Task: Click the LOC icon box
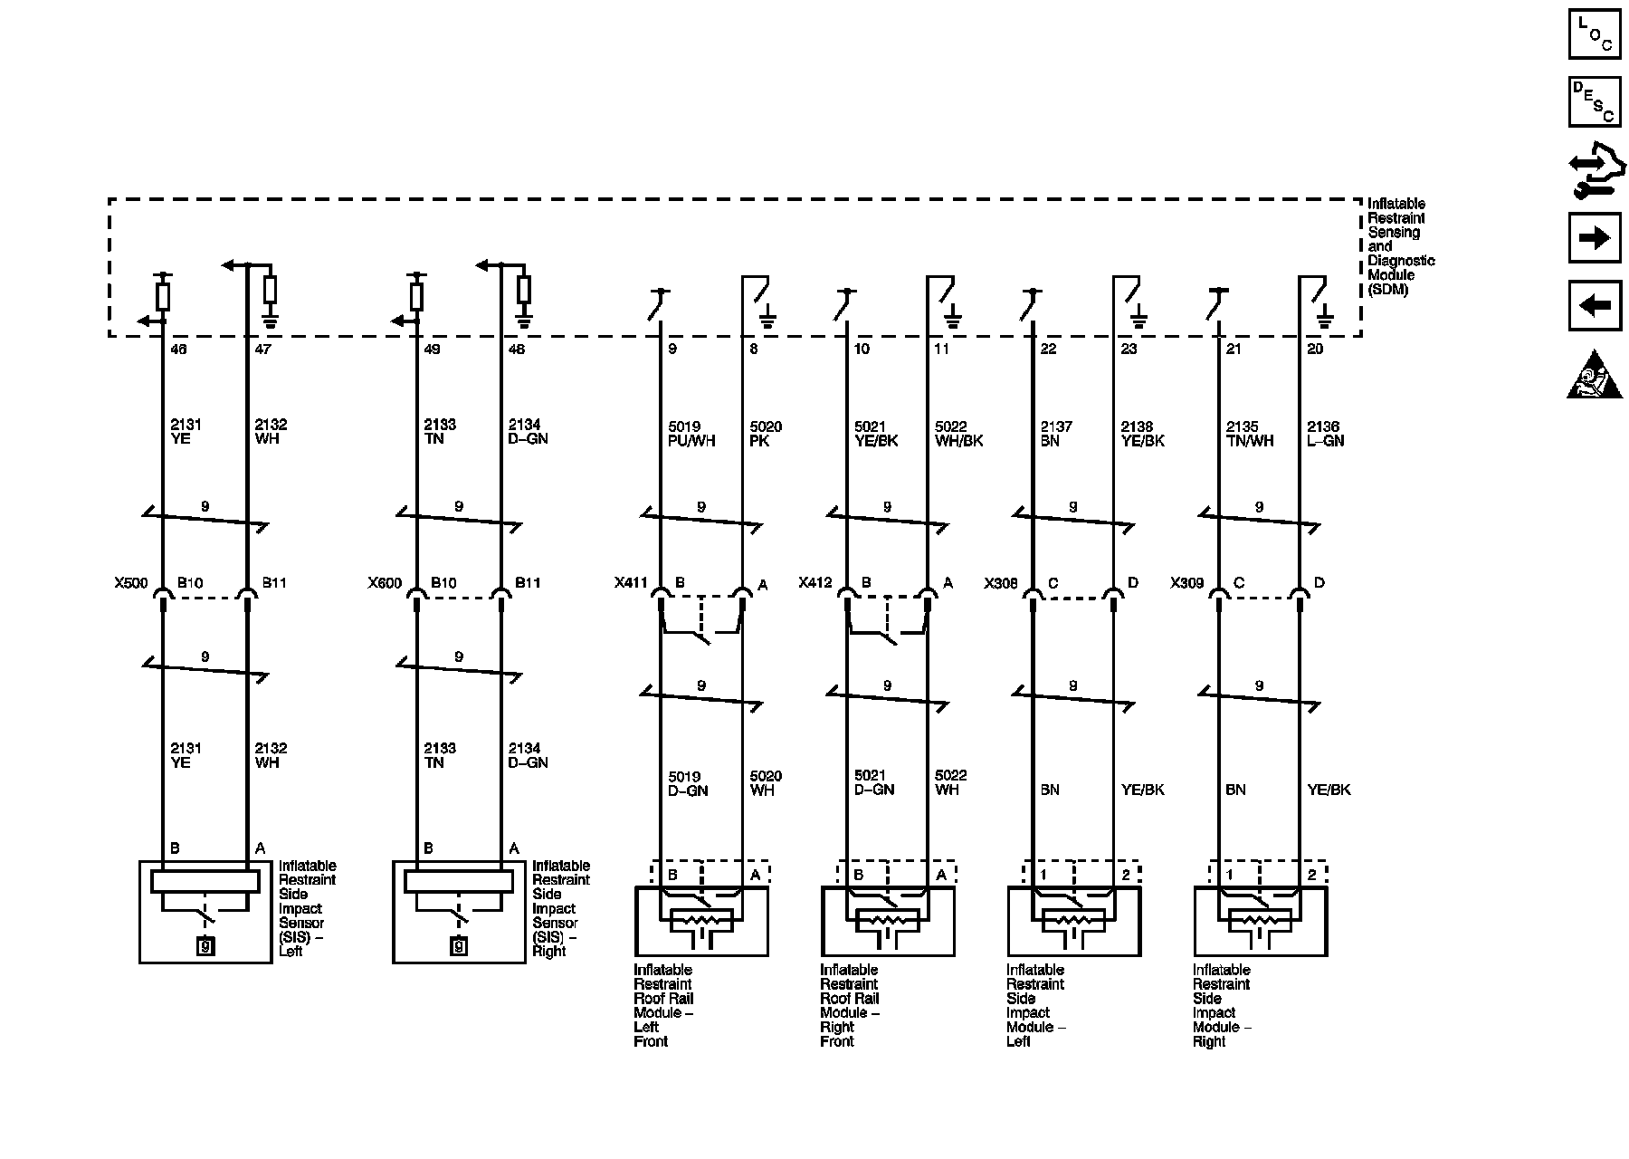(1594, 34)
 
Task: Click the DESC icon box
(1594, 101)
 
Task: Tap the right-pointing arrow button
(1594, 238)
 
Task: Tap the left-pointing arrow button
(1594, 306)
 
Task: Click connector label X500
(131, 583)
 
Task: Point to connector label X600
(385, 583)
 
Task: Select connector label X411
(631, 583)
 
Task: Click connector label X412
(815, 583)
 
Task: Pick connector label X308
(1001, 583)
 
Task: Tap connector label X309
(1187, 583)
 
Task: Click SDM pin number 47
(263, 349)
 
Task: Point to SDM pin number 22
(1048, 349)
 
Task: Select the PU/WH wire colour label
(691, 441)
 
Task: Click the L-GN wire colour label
(1326, 441)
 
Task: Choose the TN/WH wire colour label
(1250, 441)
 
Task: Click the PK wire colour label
(759, 441)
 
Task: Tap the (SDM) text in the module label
(1387, 290)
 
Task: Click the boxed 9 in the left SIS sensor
(205, 947)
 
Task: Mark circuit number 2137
(1056, 426)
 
